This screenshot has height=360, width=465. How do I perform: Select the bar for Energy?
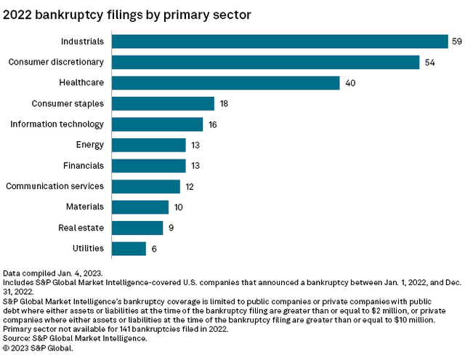[150, 145]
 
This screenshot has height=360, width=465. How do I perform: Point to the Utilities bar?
[130, 249]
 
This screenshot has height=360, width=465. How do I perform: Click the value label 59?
[456, 41]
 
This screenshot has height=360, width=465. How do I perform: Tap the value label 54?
[430, 63]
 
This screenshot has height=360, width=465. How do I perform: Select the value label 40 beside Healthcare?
[350, 83]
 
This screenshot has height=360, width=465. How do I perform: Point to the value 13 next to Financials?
[196, 166]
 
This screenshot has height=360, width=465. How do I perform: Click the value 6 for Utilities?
[154, 249]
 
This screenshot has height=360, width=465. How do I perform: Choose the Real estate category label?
[81, 228]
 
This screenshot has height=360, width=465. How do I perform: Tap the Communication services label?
[54, 186]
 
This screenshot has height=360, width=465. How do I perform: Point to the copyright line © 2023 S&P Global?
[38, 348]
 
